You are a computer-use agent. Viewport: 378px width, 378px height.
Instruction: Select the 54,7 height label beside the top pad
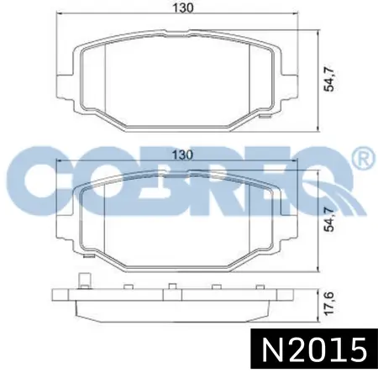click(x=333, y=81)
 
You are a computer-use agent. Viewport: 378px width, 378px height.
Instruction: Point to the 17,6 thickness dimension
click(x=333, y=302)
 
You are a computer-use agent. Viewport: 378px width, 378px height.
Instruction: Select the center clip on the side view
click(x=171, y=289)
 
